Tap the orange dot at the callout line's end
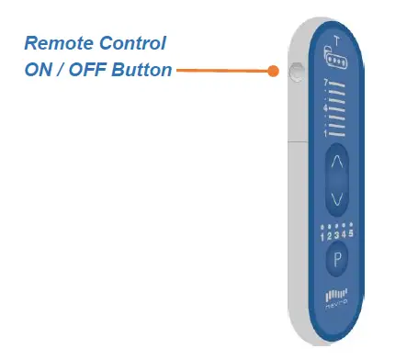[273, 70]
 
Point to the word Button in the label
[139, 70]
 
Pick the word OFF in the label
[85, 70]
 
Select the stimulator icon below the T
[336, 58]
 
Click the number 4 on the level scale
[325, 107]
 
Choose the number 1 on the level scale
[325, 133]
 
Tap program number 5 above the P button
[352, 235]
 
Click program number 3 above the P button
[336, 235]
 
